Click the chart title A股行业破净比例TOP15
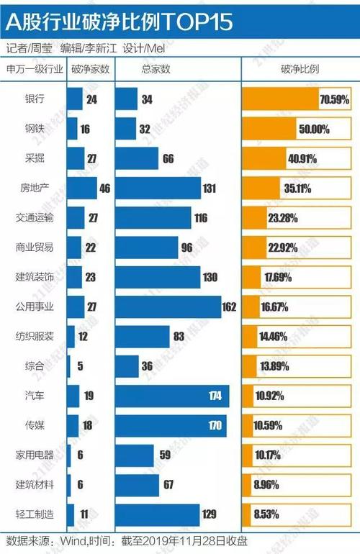(x=120, y=22)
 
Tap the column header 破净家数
(x=89, y=70)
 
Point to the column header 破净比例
(x=298, y=70)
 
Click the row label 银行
(x=34, y=99)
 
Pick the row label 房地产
(x=34, y=189)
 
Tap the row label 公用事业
(x=34, y=306)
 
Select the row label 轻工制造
(x=34, y=514)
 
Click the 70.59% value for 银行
(x=334, y=99)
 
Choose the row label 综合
(x=34, y=366)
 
